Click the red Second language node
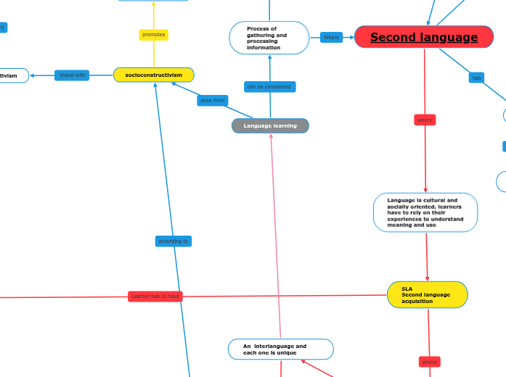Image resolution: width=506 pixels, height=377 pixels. pyautogui.click(x=424, y=37)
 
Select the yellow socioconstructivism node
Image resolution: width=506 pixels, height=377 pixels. pyautogui.click(x=154, y=75)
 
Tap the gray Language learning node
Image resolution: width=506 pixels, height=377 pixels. pyautogui.click(x=270, y=126)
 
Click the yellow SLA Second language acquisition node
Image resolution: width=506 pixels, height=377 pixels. pyautogui.click(x=428, y=294)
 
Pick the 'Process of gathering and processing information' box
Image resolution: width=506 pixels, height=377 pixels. pyautogui.click(x=269, y=38)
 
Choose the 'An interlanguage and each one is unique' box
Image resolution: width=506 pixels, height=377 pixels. pyautogui.click(x=280, y=349)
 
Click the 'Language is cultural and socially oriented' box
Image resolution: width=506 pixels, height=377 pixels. pyautogui.click(x=425, y=212)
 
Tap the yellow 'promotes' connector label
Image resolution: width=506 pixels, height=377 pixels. pyautogui.click(x=154, y=35)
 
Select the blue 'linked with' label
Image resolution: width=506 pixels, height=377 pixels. pyautogui.click(x=72, y=75)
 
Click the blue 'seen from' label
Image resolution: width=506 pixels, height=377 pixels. pyautogui.click(x=213, y=101)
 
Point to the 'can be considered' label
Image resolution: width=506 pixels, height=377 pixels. pyautogui.click(x=269, y=87)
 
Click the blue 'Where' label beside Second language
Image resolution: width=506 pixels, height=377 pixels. pyautogui.click(x=331, y=37)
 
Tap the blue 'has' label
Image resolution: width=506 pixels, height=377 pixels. pyautogui.click(x=477, y=78)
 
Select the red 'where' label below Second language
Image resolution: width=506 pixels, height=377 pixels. pyautogui.click(x=425, y=120)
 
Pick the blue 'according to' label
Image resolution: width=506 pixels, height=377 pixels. pyautogui.click(x=174, y=241)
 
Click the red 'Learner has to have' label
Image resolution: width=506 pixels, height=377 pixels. pyautogui.click(x=155, y=296)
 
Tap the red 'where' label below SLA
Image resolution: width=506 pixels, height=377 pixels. pyautogui.click(x=430, y=361)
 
